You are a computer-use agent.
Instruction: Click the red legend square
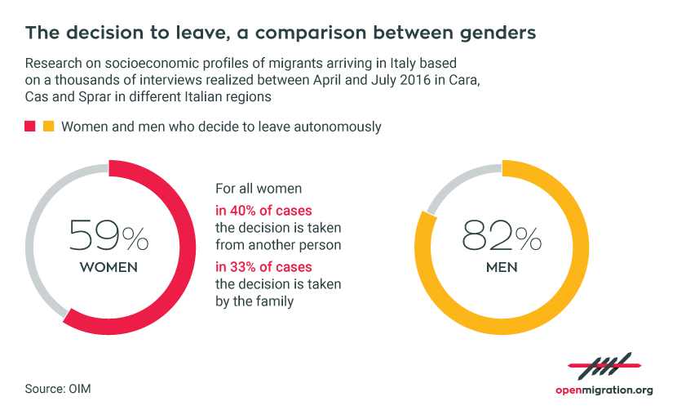[30, 127]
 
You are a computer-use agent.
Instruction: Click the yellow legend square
[49, 127]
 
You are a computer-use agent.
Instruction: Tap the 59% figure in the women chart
[108, 236]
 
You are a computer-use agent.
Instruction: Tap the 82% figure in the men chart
[502, 236]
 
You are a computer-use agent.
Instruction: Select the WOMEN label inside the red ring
[108, 267]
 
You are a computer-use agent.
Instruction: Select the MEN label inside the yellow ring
[502, 267]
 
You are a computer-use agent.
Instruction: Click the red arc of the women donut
[188, 247]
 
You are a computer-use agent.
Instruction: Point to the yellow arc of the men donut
[581, 247]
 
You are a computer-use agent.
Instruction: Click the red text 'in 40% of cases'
[263, 211]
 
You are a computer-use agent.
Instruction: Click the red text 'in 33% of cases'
[263, 267]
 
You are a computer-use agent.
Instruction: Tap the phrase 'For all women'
[259, 189]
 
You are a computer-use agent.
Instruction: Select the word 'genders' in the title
[498, 33]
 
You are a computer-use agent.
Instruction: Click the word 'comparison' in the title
[311, 33]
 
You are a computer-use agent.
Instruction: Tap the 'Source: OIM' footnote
[58, 389]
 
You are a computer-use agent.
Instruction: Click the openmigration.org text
[604, 390]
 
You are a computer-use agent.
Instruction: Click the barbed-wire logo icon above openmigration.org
[604, 366]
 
